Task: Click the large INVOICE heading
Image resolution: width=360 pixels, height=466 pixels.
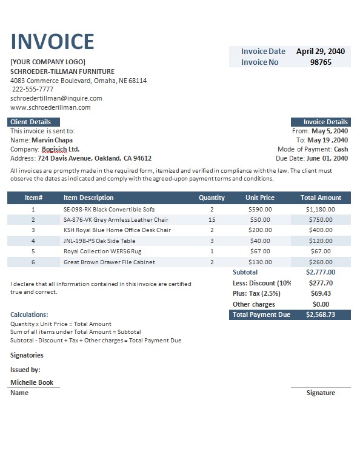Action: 53,41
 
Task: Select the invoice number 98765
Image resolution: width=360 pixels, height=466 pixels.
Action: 321,62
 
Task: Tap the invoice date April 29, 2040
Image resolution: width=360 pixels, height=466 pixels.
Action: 321,52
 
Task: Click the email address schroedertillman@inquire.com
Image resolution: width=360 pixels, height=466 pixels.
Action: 56,98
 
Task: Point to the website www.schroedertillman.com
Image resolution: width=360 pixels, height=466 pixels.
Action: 50,107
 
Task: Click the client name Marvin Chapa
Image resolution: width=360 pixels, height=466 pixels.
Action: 52,140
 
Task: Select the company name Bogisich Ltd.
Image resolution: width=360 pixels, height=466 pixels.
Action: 61,149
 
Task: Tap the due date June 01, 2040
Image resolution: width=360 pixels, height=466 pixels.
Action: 330,158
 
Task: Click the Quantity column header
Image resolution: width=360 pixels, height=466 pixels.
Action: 212,198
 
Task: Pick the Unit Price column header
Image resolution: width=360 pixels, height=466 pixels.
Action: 260,198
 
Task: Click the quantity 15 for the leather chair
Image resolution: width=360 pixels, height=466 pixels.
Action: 212,219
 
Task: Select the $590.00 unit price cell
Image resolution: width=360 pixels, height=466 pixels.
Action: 260,209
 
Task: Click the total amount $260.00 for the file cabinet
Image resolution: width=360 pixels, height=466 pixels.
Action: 321,262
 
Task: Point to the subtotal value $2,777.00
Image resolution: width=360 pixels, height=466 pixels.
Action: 321,273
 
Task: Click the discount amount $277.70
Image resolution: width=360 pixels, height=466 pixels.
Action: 321,283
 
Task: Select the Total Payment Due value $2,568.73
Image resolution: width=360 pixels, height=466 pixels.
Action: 321,315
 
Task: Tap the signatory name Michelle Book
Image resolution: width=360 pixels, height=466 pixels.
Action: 32,382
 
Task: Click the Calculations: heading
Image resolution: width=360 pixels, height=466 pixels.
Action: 30,315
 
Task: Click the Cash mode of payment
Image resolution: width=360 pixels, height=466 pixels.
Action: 341,149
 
